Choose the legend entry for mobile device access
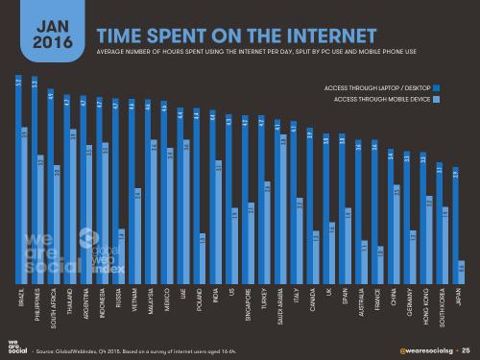tap(383, 99)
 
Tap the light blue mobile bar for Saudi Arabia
tap(283, 207)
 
